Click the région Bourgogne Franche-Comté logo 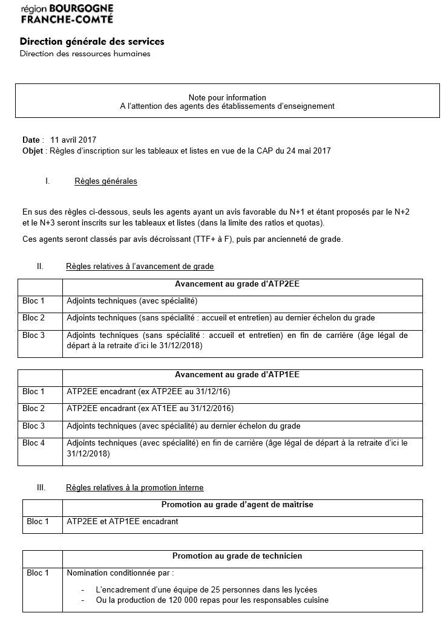pos(67,13)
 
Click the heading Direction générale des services pos(92,42)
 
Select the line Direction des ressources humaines pos(85,54)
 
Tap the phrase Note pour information pos(227,97)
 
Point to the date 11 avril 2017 pos(73,140)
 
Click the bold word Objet pos(33,151)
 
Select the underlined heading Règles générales pos(106,181)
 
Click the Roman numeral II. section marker pos(40,266)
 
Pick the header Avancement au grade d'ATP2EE pos(241,284)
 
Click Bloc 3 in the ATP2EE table pos(34,335)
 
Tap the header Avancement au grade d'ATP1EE pos(241,375)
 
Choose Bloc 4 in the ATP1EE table pos(34,443)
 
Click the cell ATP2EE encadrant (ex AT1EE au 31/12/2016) pos(150,409)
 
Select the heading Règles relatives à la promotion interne pos(134,487)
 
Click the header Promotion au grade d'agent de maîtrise pos(237,504)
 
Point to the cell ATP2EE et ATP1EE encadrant pos(122,521)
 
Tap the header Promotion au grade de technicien pos(237,556)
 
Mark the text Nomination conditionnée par pos(120,573)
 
